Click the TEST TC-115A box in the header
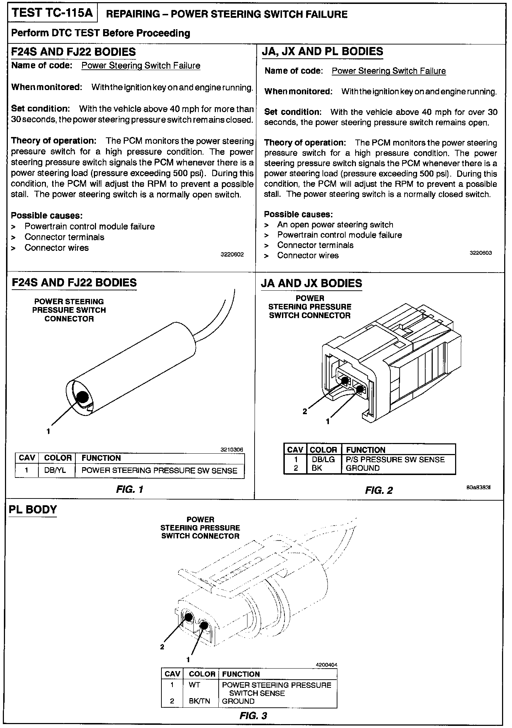(52, 14)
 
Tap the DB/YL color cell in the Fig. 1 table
(55, 470)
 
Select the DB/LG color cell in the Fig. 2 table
(323, 459)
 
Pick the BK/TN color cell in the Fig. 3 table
(199, 701)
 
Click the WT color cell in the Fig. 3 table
(194, 685)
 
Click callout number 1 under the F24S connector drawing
(48, 432)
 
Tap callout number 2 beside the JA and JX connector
(304, 411)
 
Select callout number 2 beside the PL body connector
(162, 647)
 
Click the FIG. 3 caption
(253, 716)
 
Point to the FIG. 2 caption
(379, 490)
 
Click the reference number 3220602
(232, 254)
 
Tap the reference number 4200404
(326, 664)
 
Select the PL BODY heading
(33, 510)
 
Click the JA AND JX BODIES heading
(311, 283)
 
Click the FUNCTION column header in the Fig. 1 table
(101, 458)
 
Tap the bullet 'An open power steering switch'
(335, 225)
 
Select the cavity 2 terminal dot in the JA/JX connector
(345, 380)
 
